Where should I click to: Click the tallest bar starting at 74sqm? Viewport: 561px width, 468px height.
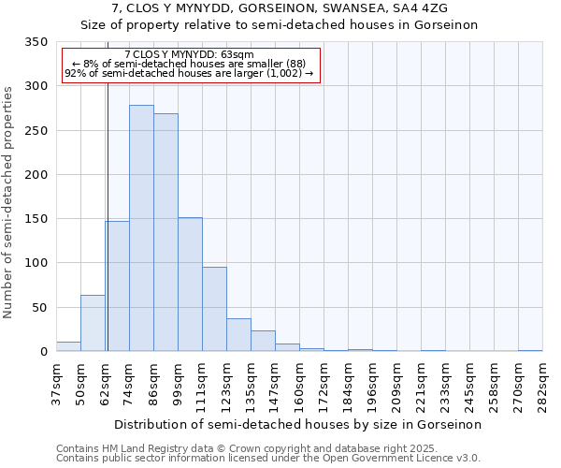[141, 228]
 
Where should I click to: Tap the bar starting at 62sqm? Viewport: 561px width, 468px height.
[117, 286]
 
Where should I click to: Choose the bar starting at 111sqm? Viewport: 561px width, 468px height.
[214, 309]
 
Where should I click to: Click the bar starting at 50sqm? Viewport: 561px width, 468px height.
[93, 323]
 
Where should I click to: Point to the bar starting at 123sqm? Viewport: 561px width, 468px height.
[238, 335]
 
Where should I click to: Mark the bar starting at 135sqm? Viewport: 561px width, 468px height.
[263, 341]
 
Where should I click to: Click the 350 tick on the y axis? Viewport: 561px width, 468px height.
[36, 42]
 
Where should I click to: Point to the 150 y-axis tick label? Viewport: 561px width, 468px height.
[36, 219]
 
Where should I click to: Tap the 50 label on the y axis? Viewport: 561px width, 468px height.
[39, 307]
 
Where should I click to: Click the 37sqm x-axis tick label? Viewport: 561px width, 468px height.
[56, 384]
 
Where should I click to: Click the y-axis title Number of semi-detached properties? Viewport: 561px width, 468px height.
[9, 202]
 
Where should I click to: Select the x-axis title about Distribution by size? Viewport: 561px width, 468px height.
[299, 424]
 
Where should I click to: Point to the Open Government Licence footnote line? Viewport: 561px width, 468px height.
[267, 459]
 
